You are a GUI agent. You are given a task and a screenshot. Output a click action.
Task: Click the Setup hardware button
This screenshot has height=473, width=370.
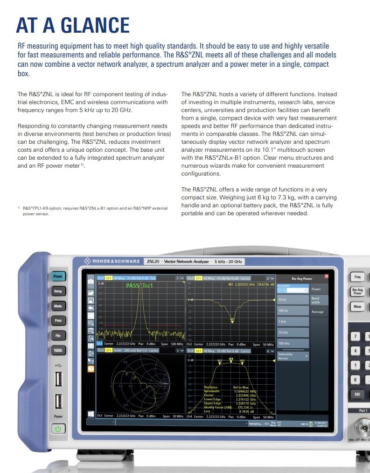click(58, 291)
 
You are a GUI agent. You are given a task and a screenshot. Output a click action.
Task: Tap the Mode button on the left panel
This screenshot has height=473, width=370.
click(58, 306)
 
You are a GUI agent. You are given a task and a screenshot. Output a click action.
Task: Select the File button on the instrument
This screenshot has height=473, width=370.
click(58, 335)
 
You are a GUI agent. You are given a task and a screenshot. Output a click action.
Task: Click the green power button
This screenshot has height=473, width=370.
click(58, 428)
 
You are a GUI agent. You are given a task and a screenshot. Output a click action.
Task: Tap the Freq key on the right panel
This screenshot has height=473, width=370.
click(357, 277)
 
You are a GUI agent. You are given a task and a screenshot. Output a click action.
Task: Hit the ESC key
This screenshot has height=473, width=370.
click(357, 394)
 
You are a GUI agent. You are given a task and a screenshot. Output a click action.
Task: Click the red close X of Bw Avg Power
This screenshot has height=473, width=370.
click(326, 276)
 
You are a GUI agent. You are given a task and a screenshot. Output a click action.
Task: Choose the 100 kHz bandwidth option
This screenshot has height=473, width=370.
click(293, 344)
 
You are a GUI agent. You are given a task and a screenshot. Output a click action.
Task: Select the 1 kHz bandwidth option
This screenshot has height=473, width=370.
click(293, 321)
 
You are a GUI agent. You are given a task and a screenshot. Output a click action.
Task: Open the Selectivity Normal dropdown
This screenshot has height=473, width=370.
click(293, 356)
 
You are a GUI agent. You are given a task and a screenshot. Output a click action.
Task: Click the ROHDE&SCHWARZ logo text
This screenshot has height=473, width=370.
click(113, 261)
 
